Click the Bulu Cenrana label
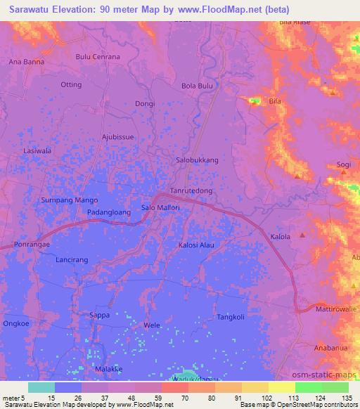click(x=98, y=56)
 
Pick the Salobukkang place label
click(x=197, y=160)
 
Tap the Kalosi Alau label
click(x=196, y=245)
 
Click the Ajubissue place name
click(x=117, y=136)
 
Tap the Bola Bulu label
click(x=197, y=86)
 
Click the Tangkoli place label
click(x=231, y=317)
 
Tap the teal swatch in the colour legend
click(x=41, y=387)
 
